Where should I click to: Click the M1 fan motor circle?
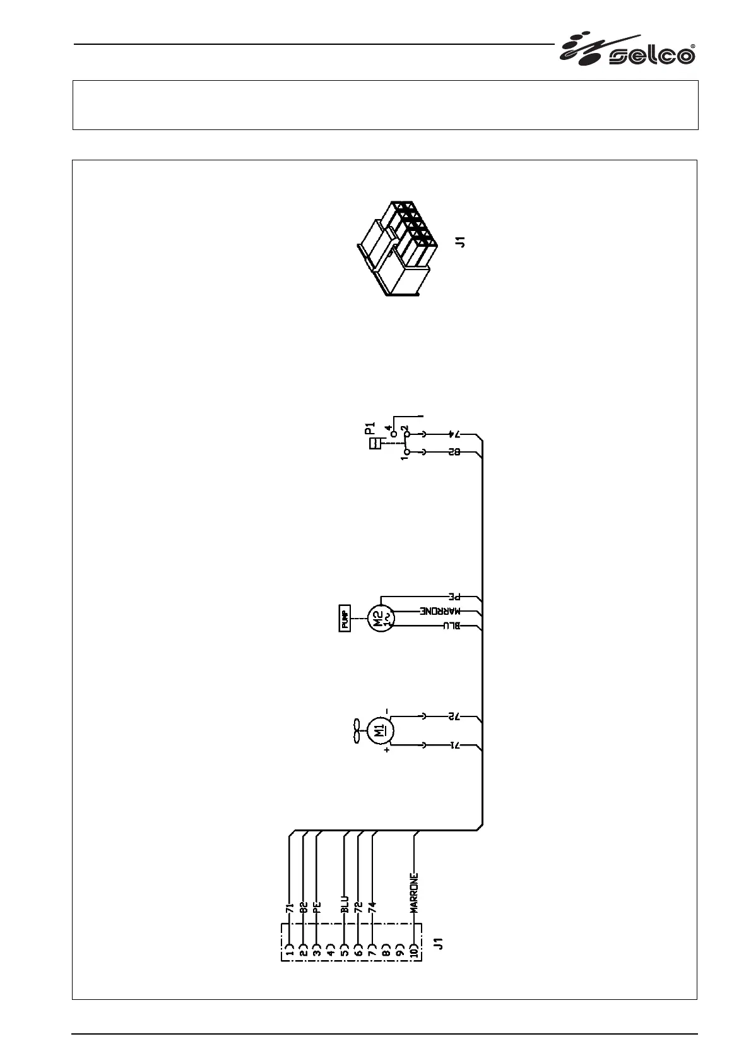(380, 732)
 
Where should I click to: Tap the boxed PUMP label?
(345, 618)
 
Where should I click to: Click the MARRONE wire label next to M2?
(441, 611)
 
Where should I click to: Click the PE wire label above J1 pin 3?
(317, 908)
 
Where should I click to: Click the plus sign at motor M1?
(386, 751)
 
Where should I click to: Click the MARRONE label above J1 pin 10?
(415, 893)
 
